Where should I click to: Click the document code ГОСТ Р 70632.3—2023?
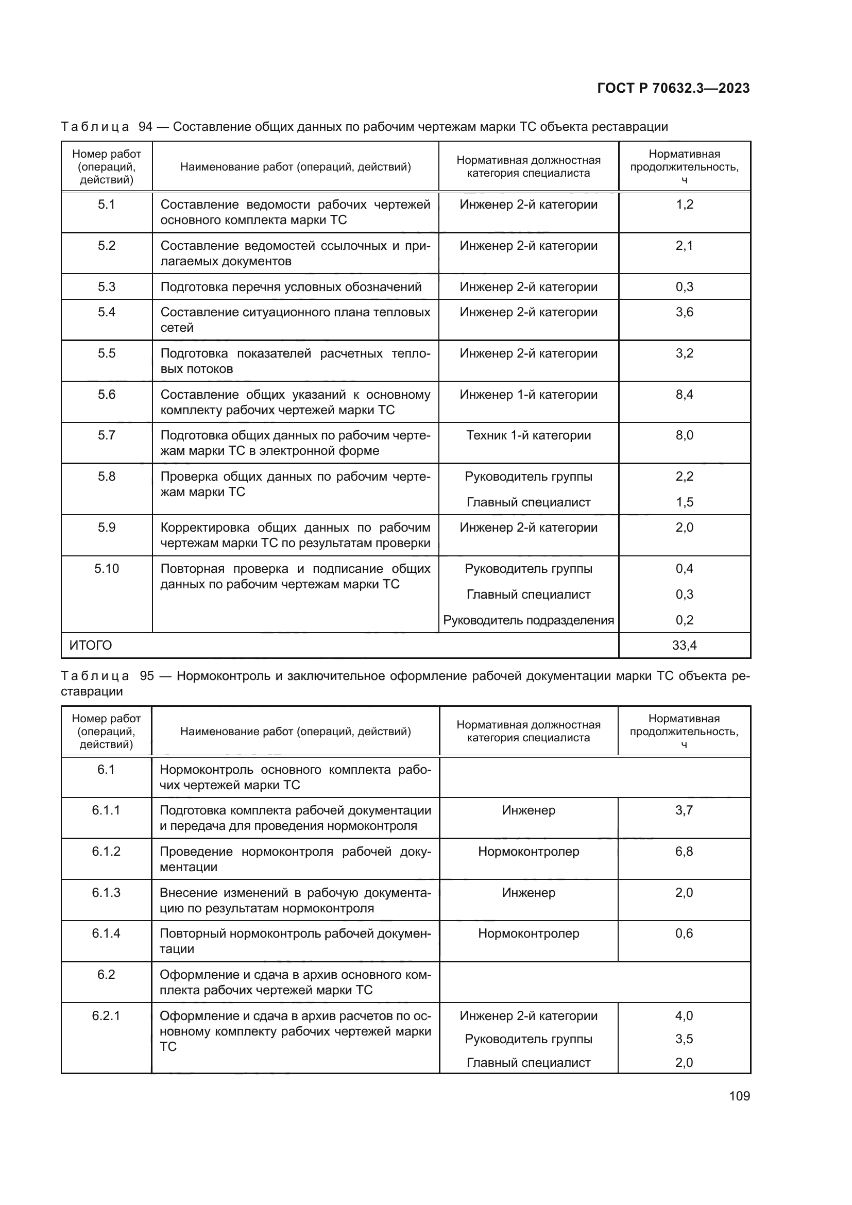click(673, 88)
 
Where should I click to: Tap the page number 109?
click(739, 1096)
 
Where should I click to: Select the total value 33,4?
click(684, 646)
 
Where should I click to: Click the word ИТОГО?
click(91, 646)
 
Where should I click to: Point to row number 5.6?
click(107, 395)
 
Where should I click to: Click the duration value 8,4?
click(684, 395)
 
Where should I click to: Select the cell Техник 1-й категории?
click(529, 436)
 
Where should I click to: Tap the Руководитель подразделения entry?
click(529, 620)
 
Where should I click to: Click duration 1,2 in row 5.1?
click(684, 205)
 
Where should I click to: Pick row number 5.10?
click(107, 569)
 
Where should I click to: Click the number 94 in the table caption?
click(145, 127)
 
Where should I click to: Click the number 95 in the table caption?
click(147, 676)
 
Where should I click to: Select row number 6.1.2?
click(106, 852)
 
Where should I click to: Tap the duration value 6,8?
click(684, 852)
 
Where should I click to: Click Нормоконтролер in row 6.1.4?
click(529, 934)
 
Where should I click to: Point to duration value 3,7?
click(684, 810)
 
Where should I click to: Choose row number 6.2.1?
click(106, 1016)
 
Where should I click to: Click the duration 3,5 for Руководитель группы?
click(684, 1039)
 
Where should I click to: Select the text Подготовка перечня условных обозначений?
click(291, 287)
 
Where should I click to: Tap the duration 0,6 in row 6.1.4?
click(684, 934)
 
